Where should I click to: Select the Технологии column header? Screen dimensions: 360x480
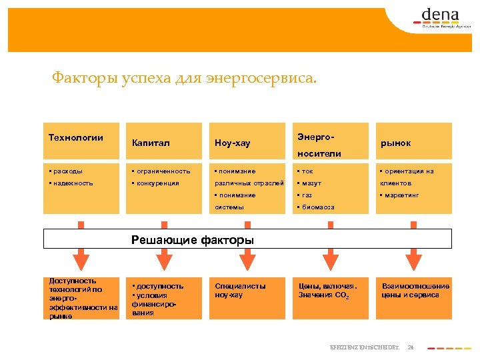(x=76, y=138)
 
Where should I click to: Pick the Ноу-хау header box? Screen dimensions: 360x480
(x=233, y=143)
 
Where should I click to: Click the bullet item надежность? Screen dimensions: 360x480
(x=73, y=183)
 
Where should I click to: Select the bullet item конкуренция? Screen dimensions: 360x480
(x=157, y=183)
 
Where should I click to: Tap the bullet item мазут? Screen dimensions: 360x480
(x=311, y=183)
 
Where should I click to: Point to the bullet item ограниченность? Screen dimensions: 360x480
(x=163, y=171)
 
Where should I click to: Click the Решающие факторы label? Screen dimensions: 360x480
(x=193, y=239)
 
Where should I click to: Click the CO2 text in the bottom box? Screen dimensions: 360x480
(x=341, y=295)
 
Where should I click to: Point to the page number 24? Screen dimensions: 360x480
(x=411, y=347)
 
